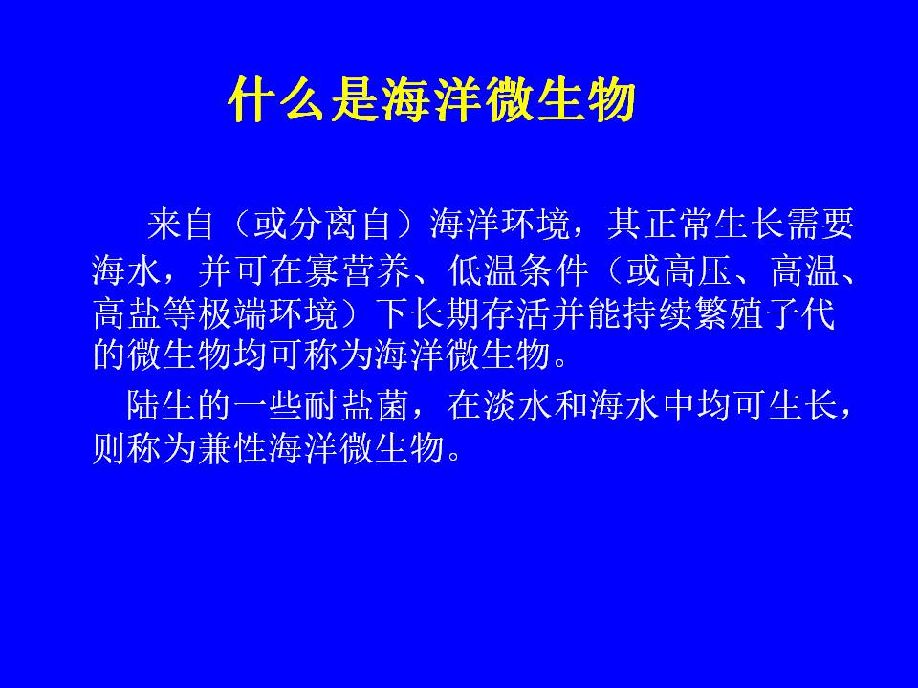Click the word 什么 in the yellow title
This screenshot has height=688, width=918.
tap(277, 100)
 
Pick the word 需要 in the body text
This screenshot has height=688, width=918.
tap(820, 224)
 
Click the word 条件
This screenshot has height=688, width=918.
tap(554, 269)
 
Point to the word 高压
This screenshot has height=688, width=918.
tap(696, 269)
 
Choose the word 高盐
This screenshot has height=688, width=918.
tap(127, 313)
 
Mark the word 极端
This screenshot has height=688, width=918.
tap(233, 313)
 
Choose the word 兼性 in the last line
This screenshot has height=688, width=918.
tap(233, 448)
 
